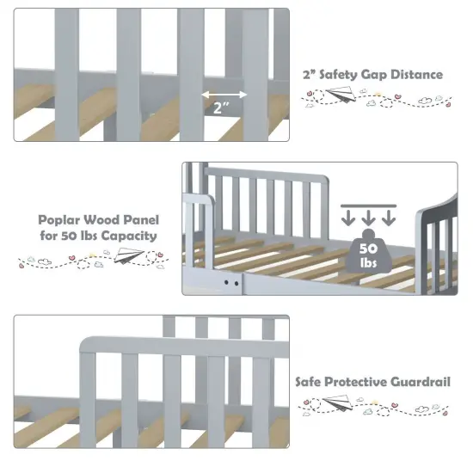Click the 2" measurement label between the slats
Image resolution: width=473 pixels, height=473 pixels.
222,109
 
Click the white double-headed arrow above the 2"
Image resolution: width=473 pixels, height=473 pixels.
222,95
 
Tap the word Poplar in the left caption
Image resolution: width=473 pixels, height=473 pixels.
58,219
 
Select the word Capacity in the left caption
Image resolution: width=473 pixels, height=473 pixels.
132,236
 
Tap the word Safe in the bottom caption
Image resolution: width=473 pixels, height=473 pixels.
310,381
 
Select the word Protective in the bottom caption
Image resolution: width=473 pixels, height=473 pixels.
360,381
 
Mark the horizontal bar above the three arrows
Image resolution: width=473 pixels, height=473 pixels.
366,206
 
